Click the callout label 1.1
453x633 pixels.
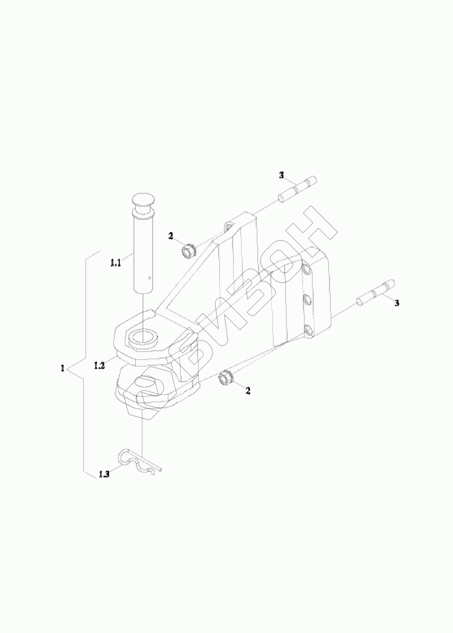(x=116, y=264)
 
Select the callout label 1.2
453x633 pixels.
(x=100, y=365)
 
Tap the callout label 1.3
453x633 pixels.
(x=104, y=474)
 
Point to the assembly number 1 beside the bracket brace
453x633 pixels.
(x=62, y=368)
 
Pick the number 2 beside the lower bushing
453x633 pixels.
(x=248, y=391)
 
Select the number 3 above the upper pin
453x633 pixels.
(x=281, y=175)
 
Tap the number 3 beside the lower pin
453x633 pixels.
(x=397, y=303)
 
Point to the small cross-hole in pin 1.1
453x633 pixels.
(x=149, y=277)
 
